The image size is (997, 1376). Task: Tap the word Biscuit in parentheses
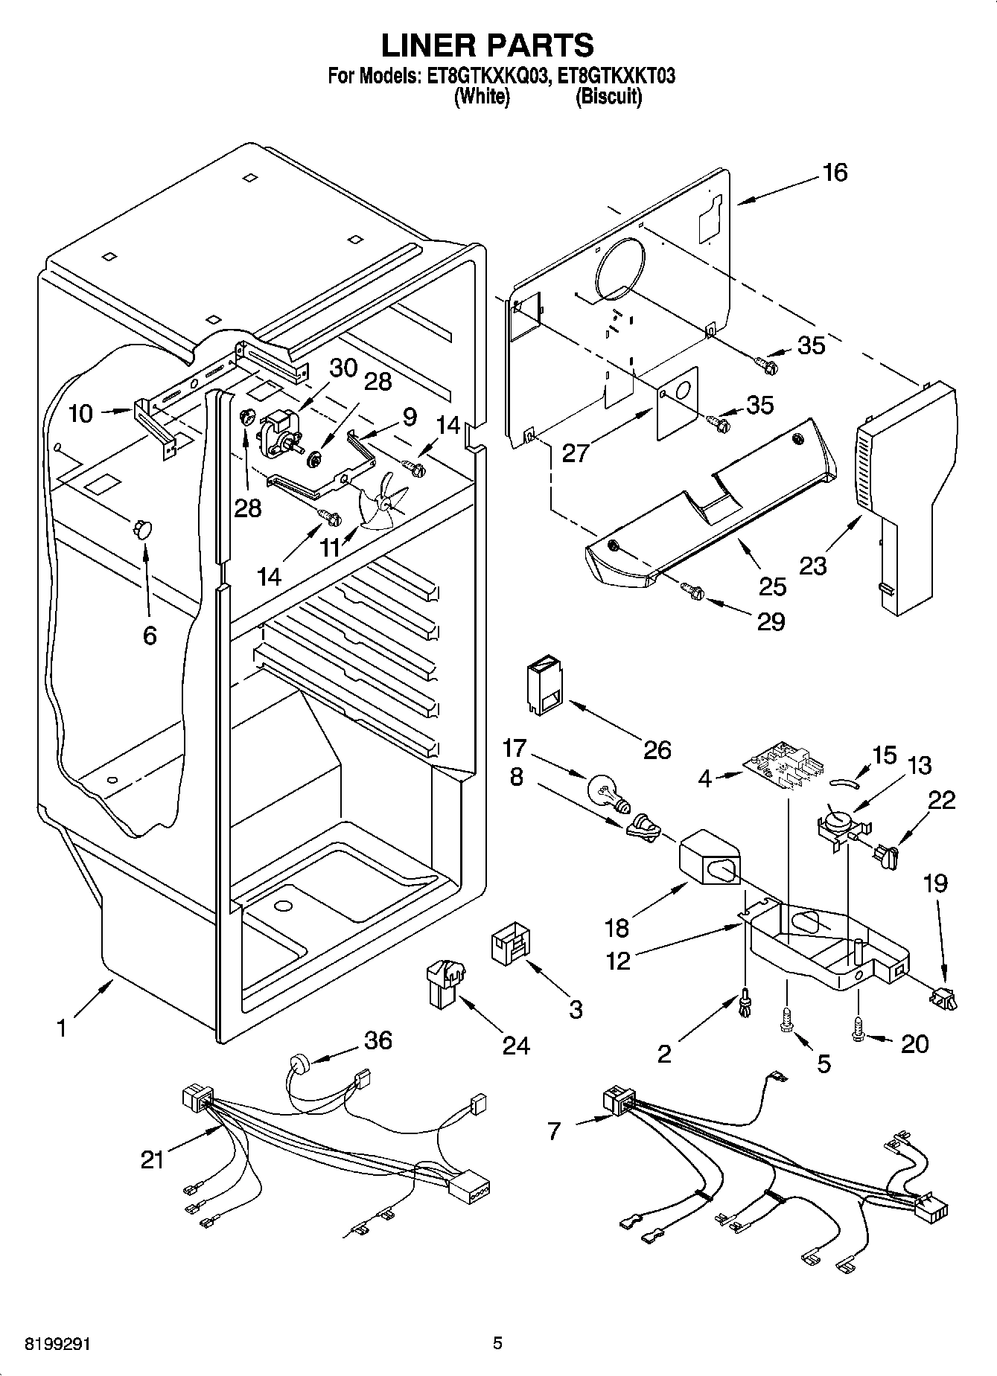click(x=608, y=97)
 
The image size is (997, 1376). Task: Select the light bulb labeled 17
click(x=607, y=791)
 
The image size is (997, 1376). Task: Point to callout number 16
click(x=835, y=173)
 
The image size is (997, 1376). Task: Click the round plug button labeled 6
click(x=141, y=528)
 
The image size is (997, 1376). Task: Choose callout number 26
click(x=657, y=749)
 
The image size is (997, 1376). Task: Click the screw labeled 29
click(x=692, y=592)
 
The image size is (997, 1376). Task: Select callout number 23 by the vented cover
click(x=813, y=566)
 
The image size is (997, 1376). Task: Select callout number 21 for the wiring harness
click(x=152, y=1158)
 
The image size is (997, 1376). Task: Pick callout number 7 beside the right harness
click(x=552, y=1132)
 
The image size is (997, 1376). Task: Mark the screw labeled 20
click(x=858, y=1033)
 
